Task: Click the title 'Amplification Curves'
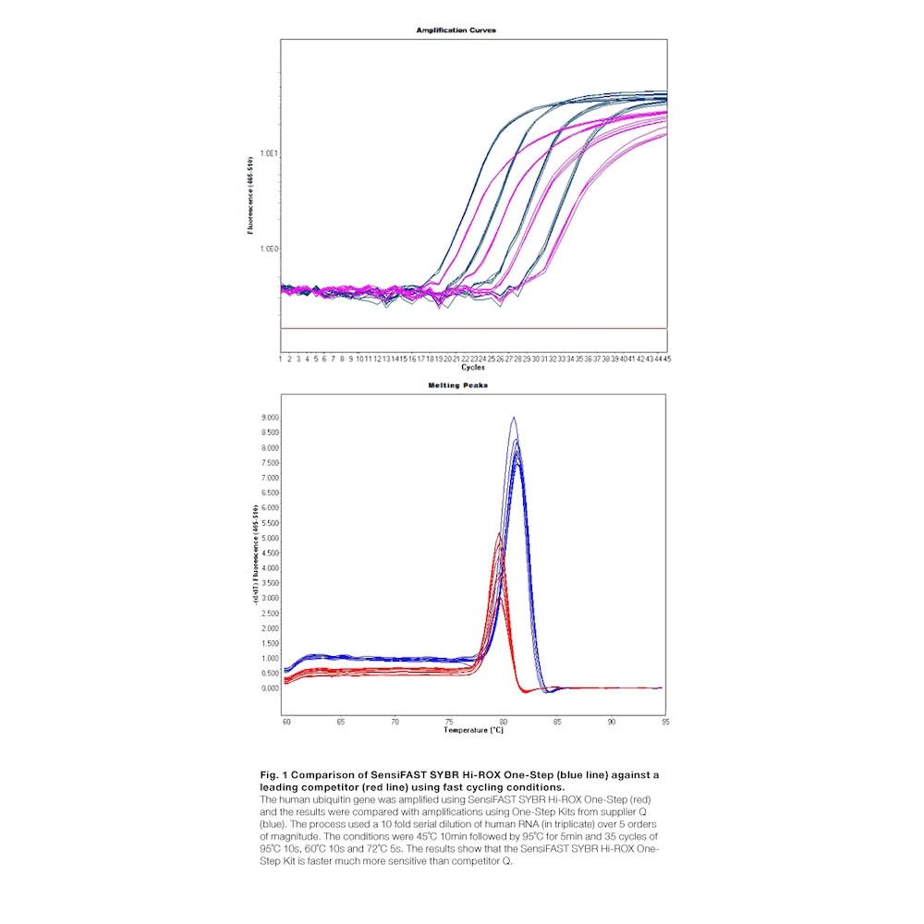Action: (456, 30)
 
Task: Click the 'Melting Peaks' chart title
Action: (456, 385)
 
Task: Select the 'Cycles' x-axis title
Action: (472, 367)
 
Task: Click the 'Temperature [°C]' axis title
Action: (473, 730)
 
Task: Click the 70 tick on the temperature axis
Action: (395, 721)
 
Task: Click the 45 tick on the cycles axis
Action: (665, 359)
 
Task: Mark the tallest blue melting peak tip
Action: (514, 418)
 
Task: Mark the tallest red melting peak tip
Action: (499, 533)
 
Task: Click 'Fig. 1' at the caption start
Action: (274, 773)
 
